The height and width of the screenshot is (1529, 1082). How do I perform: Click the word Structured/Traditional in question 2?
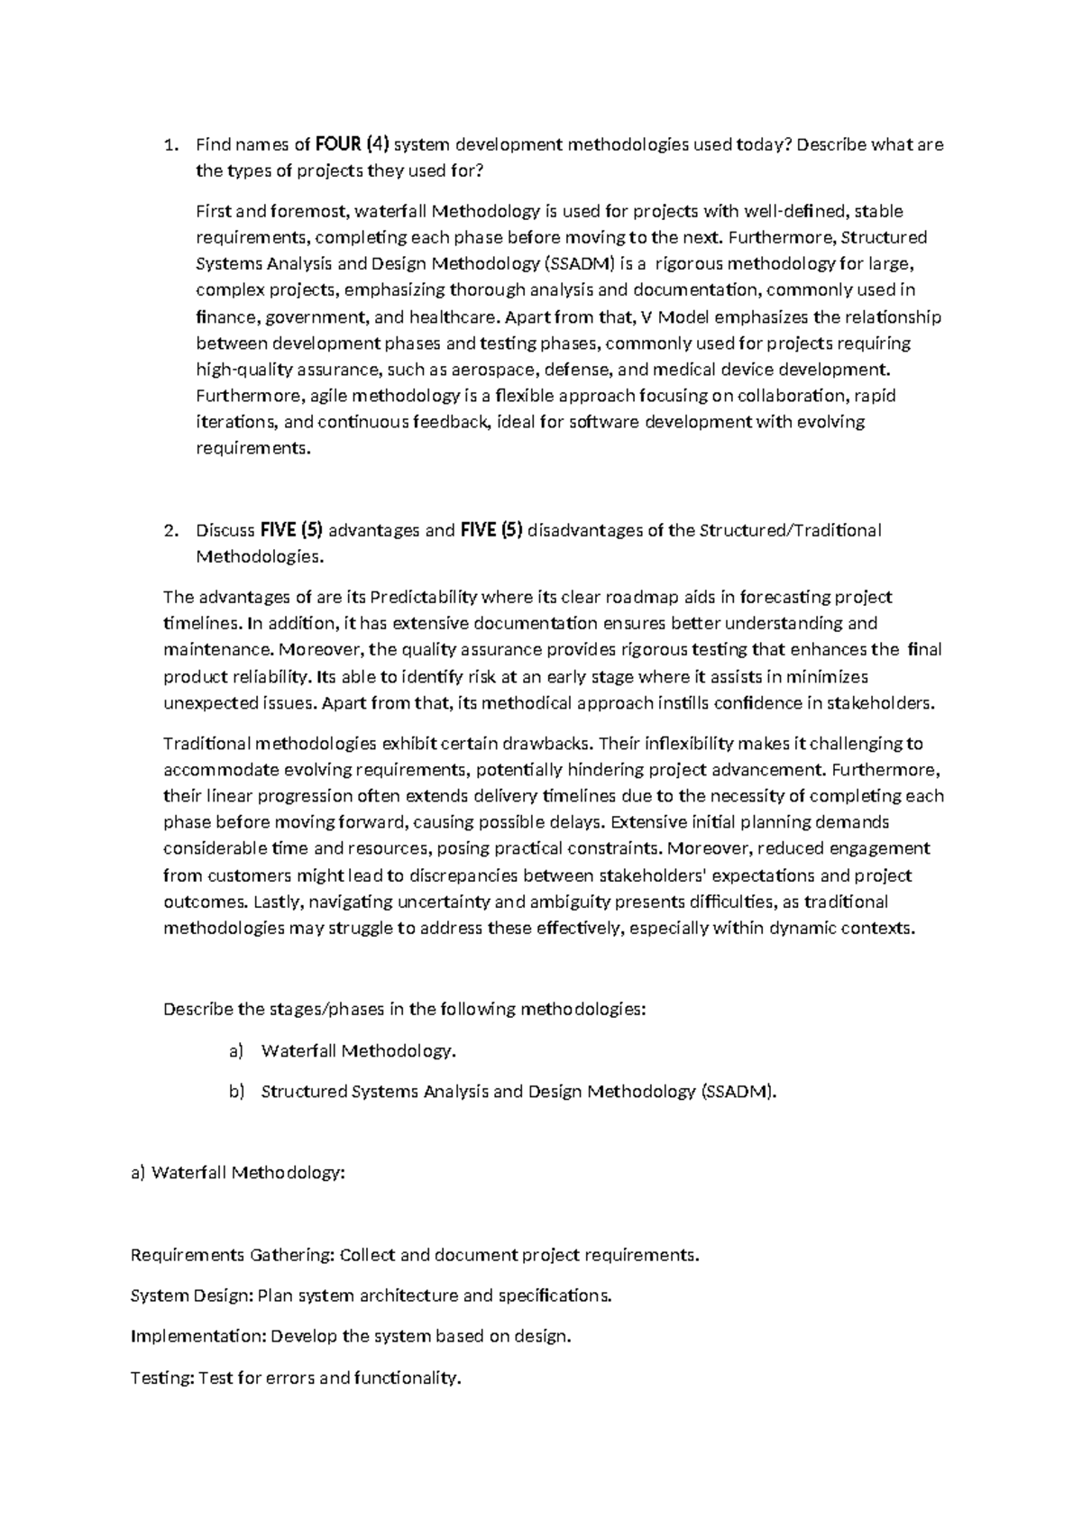click(x=790, y=530)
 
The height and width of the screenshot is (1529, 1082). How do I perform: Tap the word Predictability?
click(x=424, y=597)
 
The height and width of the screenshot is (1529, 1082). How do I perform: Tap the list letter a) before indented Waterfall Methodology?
click(x=236, y=1050)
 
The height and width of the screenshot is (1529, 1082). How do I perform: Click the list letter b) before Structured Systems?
click(x=236, y=1092)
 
